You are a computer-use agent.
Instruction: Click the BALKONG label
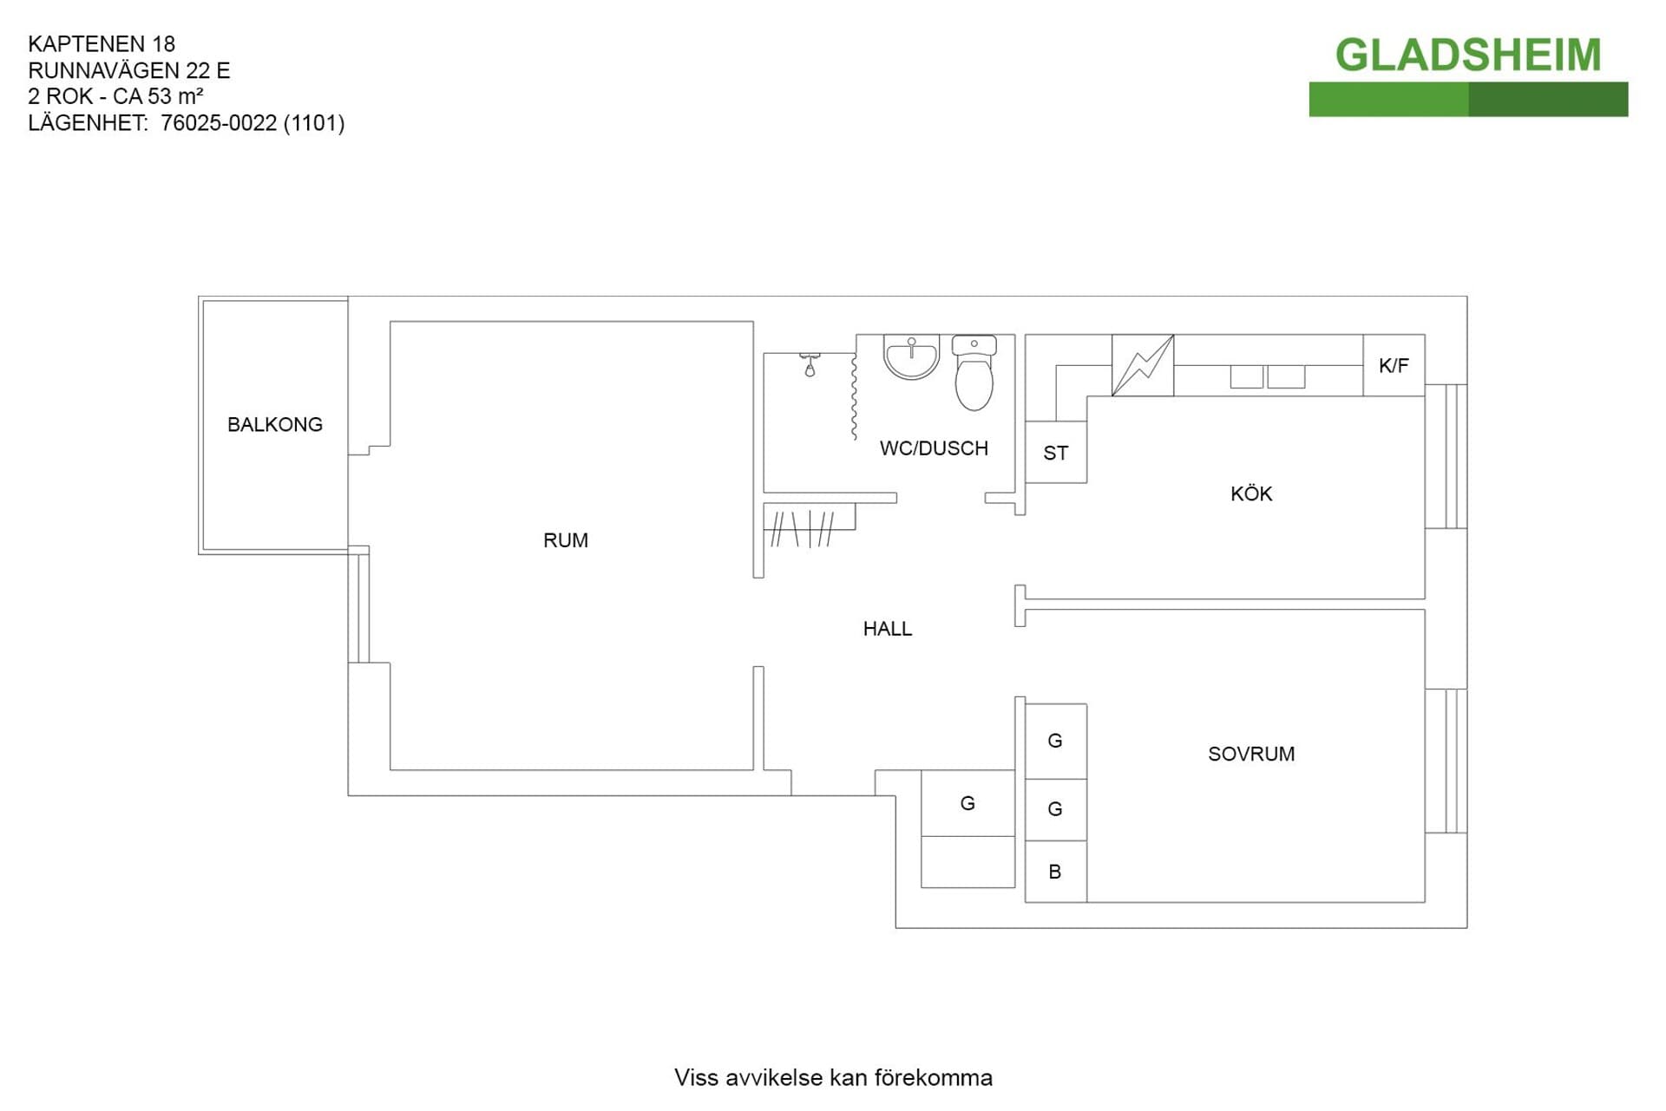pos(274,424)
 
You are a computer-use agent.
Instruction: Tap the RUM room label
pos(566,540)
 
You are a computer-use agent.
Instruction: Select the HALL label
pos(887,629)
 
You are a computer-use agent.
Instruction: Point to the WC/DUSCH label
pos(934,448)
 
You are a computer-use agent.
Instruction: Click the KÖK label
pos(1251,493)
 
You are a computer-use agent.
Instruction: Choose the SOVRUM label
pos(1251,754)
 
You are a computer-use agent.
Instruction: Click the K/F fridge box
pos(1394,365)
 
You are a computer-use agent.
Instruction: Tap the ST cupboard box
pos(1056,452)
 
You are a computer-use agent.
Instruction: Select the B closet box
pos(1056,872)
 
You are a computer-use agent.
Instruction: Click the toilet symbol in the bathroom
pos(974,373)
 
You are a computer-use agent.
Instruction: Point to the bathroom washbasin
pos(911,357)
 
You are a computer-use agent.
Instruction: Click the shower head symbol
pos(810,364)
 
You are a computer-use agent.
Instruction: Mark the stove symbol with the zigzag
pos(1143,365)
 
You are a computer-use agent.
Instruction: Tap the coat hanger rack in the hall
pos(803,528)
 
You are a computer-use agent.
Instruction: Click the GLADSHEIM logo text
pos(1468,55)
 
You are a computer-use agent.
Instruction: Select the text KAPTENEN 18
pos(102,44)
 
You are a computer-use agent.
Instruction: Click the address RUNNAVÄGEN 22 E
pos(129,70)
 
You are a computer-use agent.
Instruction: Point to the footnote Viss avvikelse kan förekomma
pos(833,1078)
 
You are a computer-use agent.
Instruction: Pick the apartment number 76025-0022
pos(219,123)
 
